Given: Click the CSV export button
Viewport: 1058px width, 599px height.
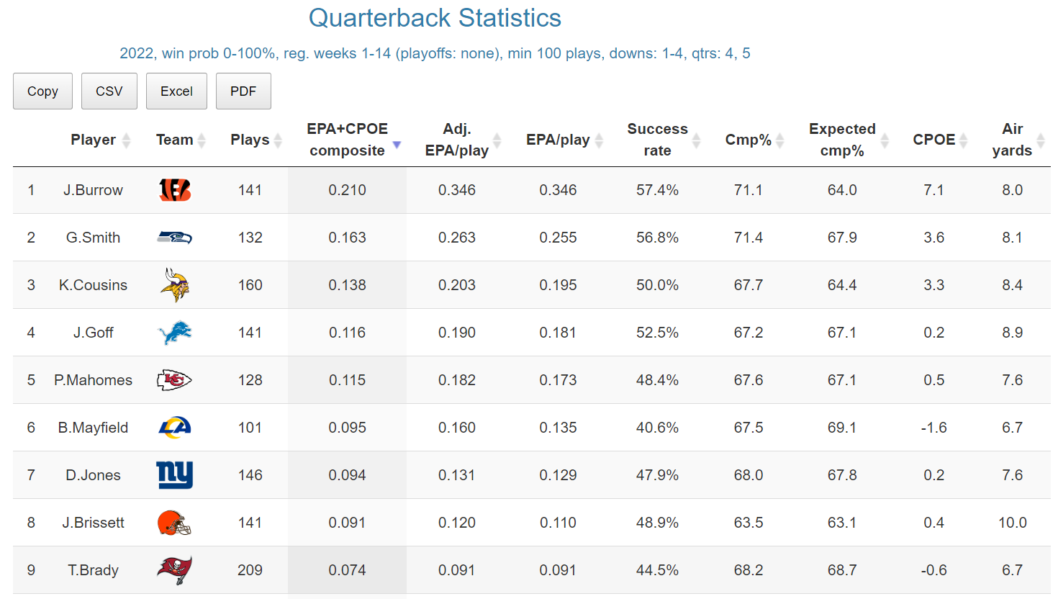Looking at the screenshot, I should point(109,91).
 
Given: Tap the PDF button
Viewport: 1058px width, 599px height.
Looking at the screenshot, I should point(243,91).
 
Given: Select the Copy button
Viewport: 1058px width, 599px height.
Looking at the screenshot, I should point(42,91).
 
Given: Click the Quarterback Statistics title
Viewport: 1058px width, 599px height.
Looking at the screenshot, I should point(435,18).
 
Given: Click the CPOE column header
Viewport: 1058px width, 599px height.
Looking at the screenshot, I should point(933,140).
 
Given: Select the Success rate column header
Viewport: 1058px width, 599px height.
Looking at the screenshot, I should point(657,140).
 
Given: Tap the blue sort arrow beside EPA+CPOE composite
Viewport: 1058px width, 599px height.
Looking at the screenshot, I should point(397,145).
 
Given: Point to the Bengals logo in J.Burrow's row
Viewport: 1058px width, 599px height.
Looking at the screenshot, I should point(175,190).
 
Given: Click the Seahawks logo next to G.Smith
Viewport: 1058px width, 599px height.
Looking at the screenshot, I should point(175,238).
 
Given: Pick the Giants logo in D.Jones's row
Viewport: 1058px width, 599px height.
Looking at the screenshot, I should point(175,475).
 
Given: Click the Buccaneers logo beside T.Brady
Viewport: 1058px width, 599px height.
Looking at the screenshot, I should point(175,570).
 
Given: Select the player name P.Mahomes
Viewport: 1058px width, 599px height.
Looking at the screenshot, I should point(93,380).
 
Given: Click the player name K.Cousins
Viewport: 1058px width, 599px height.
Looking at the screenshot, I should point(93,285).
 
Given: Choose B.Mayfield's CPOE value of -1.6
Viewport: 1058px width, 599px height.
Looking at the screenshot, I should point(933,428).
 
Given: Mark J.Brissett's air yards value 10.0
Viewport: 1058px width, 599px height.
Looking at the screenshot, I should point(1012,523).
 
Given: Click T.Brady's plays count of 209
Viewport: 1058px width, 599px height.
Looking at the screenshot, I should point(250,570).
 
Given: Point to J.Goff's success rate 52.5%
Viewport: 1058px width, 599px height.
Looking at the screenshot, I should point(657,333).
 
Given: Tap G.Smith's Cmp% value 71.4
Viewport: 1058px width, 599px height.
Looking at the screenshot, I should point(748,238).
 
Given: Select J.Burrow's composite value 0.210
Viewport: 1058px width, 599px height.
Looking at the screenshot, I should point(347,190).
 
